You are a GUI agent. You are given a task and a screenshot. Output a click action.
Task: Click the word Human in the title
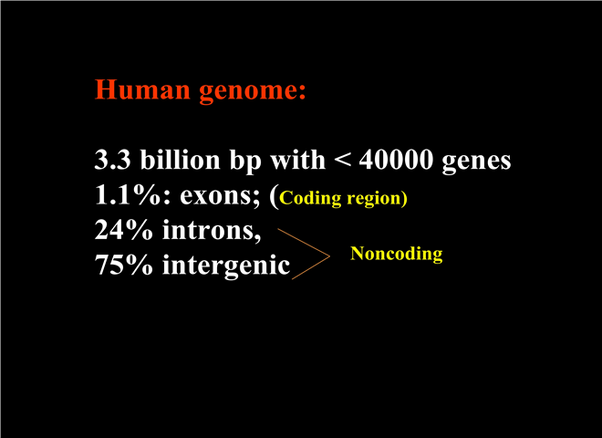[142, 89]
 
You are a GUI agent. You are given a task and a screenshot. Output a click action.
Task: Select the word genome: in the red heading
[253, 92]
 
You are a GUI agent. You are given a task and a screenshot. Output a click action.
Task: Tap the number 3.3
[112, 160]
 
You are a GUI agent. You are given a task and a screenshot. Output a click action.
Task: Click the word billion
[180, 159]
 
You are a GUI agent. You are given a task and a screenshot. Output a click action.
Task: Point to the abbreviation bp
[245, 161]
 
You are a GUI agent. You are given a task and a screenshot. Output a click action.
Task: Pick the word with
[298, 159]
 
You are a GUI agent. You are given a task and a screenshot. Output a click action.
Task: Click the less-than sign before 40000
[342, 161]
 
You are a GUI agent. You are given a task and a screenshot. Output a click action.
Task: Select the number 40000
[396, 160]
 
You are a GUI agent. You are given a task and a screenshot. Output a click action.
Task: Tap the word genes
[476, 162]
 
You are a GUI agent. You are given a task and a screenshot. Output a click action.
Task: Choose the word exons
[220, 196]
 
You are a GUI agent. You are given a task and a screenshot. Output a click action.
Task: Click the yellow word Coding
[310, 199]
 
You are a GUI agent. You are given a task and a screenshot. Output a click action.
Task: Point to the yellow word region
[374, 200]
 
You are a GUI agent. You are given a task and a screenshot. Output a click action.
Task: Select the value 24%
[124, 230]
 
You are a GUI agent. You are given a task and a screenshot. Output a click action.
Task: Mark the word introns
[212, 231]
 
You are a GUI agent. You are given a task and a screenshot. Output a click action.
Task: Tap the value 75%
[124, 266]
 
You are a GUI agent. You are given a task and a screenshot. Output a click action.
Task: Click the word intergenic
[226, 266]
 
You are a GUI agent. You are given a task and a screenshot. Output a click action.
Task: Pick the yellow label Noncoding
[397, 255]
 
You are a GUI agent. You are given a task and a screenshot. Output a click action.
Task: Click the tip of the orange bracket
[330, 255]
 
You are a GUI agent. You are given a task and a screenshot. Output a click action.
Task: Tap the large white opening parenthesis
[274, 197]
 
